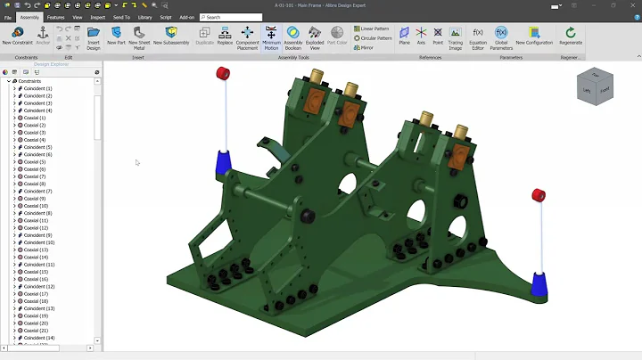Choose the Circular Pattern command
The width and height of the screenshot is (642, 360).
coord(374,38)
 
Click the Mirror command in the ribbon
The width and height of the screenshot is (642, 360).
coord(365,48)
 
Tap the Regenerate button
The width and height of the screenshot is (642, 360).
coord(571,36)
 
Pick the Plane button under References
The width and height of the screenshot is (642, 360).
coord(404,36)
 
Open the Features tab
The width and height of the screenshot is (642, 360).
coord(55,17)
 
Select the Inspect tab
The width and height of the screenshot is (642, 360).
coord(98,17)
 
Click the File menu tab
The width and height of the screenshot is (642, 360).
coord(8,17)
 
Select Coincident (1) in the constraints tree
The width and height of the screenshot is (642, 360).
coord(37,89)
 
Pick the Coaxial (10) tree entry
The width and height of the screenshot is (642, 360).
coord(36,206)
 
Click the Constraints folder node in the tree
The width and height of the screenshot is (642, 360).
coord(29,81)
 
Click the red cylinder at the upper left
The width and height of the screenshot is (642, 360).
coord(223,72)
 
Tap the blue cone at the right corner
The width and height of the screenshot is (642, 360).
coord(539,284)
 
